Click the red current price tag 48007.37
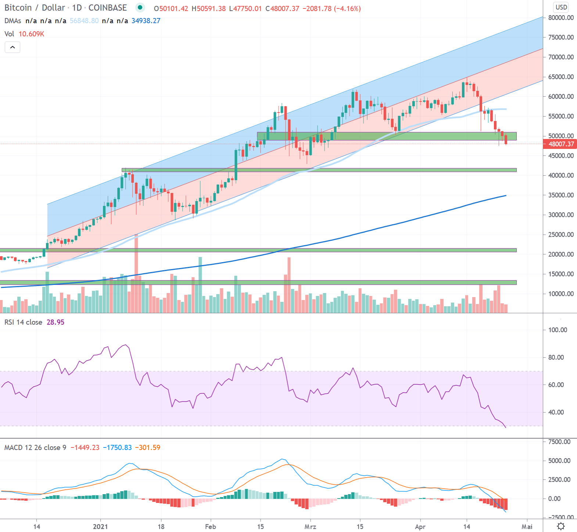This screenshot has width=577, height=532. (560, 144)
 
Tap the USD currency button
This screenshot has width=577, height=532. (561, 7)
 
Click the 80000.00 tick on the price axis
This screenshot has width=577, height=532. (561, 18)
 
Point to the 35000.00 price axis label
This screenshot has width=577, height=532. (561, 195)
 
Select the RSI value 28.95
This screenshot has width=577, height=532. (55, 322)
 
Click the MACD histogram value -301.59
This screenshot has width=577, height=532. (148, 447)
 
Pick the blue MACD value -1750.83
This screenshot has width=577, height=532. (117, 447)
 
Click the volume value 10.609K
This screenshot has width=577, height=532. (31, 34)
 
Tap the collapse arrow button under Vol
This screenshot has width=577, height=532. (12, 47)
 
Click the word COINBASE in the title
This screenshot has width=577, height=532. (108, 8)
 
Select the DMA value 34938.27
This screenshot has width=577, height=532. (146, 21)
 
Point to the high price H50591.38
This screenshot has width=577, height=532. (209, 8)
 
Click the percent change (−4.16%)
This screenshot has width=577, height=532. (347, 8)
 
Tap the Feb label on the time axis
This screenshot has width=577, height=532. (211, 526)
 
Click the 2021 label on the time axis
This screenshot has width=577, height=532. (100, 526)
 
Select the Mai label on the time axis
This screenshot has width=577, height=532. (527, 526)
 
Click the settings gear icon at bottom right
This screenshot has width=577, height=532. (561, 526)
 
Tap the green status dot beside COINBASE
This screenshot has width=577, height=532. (140, 7)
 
